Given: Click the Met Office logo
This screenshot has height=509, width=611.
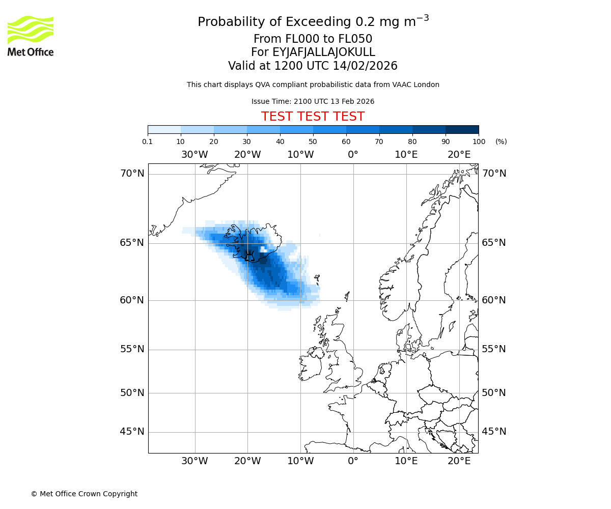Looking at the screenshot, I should point(31,36).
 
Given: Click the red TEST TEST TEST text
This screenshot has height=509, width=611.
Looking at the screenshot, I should point(313,117).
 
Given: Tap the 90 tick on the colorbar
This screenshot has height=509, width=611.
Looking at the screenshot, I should point(446,142).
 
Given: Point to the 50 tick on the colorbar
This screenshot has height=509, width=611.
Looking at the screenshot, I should point(313,142).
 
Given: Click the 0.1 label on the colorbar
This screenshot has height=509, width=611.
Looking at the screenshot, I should point(148,142).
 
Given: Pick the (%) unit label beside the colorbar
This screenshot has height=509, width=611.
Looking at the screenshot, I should point(501,142).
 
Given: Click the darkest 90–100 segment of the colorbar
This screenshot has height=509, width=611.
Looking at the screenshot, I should point(462,129).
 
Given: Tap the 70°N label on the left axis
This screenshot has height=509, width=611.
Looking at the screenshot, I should point(132,174).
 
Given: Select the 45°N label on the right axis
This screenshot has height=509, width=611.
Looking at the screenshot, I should point(494,432).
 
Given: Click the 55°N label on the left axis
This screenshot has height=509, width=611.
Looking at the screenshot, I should point(132,349).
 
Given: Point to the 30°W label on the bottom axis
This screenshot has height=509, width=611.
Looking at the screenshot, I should point(195,461).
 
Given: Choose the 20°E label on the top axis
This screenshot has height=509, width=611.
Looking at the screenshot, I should point(459,155).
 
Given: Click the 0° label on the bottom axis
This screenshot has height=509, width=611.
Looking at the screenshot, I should point(353,461).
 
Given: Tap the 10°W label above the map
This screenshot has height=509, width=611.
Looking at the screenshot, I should point(300,155).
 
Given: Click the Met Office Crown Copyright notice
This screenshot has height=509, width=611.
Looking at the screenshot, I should point(84,494).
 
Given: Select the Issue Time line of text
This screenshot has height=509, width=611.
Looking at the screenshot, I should point(313,101).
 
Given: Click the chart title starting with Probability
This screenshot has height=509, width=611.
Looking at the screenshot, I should point(313,22).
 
